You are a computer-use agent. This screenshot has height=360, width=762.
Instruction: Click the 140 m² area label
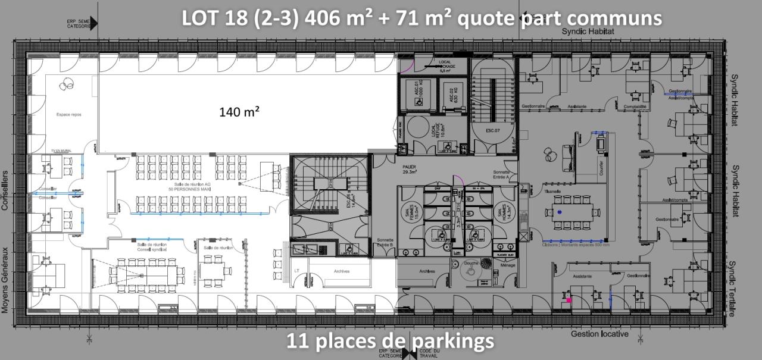click(239, 111)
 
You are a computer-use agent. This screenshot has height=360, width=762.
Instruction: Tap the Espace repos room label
click(68, 114)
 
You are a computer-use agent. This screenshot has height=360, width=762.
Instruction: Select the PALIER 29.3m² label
click(410, 170)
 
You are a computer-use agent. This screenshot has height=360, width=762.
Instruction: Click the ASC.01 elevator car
click(419, 94)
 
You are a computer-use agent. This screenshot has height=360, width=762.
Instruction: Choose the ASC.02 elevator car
click(452, 94)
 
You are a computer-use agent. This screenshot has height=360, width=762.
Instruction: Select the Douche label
click(471, 262)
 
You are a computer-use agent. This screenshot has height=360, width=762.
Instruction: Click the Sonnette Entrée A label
click(502, 173)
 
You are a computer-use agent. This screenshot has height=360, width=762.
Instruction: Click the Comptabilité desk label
click(635, 107)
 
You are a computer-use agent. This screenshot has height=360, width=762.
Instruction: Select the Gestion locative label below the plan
click(599, 334)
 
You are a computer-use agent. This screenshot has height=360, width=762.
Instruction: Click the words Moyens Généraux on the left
click(5, 280)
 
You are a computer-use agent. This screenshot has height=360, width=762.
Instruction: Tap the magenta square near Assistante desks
click(569, 300)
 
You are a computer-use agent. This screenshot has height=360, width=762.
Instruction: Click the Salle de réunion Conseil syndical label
click(152, 246)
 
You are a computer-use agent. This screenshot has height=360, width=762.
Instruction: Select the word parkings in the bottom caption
click(452, 341)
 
